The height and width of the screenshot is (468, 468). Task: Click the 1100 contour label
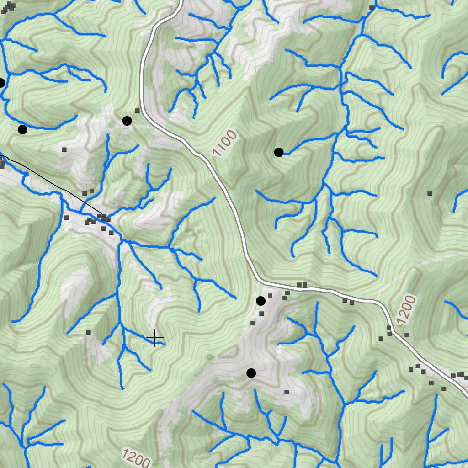[x=225, y=143]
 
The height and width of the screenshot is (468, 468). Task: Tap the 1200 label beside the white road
[x=406, y=310]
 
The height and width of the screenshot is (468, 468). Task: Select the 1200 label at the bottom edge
[x=136, y=457]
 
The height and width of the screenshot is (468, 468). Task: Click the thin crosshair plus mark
[x=155, y=338]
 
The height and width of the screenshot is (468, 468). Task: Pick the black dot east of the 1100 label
[x=278, y=152]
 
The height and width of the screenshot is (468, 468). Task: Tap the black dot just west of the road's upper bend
[x=127, y=121]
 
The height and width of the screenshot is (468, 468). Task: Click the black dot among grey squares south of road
[x=261, y=301]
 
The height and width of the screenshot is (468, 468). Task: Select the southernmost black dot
[x=251, y=373]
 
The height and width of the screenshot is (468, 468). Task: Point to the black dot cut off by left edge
[x=1, y=83]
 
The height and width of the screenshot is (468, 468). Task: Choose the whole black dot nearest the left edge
[x=22, y=129]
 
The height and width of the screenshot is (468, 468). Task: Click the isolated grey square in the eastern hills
[x=430, y=193]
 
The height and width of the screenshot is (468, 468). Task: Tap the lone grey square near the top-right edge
[x=372, y=8]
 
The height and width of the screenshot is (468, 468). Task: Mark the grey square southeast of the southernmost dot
[x=287, y=392]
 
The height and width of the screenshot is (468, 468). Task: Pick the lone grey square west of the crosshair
[x=88, y=332]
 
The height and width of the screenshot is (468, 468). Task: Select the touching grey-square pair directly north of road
[x=302, y=285]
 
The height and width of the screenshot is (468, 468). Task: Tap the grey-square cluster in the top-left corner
[x=8, y=7]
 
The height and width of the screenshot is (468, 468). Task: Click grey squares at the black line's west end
[x=2, y=162]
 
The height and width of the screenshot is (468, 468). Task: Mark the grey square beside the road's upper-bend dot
[x=137, y=111]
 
